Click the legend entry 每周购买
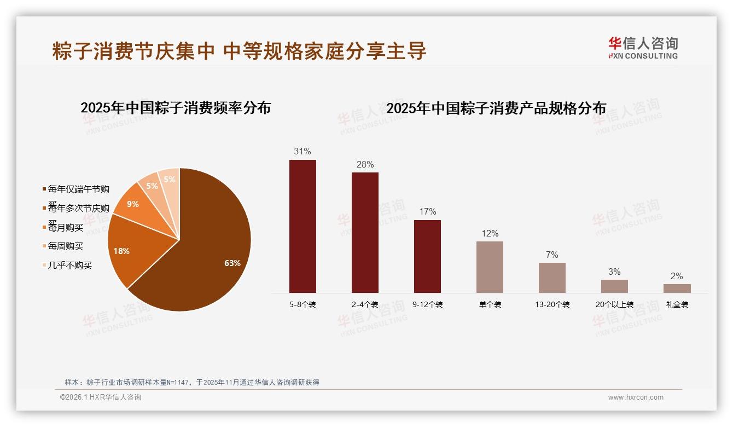click(66, 246)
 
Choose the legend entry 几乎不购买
click(70, 266)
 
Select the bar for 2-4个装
click(365, 233)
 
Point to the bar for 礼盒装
click(677, 288)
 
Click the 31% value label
click(302, 152)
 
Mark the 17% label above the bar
click(427, 212)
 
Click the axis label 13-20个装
click(552, 305)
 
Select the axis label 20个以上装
click(614, 305)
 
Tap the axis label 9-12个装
click(427, 305)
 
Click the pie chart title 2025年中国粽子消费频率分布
click(176, 108)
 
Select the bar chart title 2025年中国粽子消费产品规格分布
click(496, 108)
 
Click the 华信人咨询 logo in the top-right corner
click(643, 48)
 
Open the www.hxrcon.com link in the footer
click(636, 397)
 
